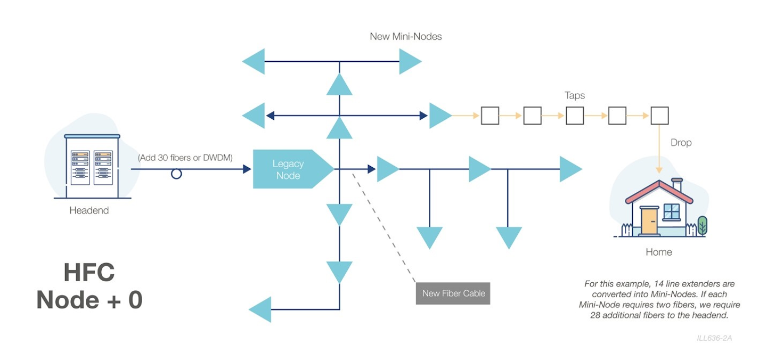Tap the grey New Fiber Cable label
[x=453, y=293]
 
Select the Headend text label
[x=89, y=211]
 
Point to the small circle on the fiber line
[x=176, y=174]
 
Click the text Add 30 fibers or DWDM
[x=185, y=158]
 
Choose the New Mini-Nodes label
[x=406, y=37]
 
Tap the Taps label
[x=575, y=96]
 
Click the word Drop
[x=681, y=143]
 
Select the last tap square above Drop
[x=659, y=116]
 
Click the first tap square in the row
[x=490, y=116]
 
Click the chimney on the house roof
[x=677, y=185]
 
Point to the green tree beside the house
[x=703, y=225]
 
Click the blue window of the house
[x=672, y=211]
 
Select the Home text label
[x=659, y=252]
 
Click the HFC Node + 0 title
[x=89, y=287]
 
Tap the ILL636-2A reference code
[x=714, y=338]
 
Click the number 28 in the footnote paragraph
[x=596, y=315]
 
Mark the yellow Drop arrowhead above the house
[x=659, y=170]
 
